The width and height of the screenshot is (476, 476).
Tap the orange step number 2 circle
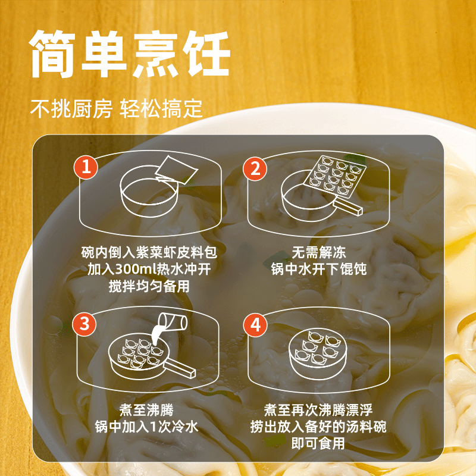pyautogui.click(x=256, y=168)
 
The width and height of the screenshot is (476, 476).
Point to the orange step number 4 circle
pyautogui.click(x=256, y=324)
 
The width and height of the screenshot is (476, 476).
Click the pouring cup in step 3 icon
pyautogui.click(x=173, y=324)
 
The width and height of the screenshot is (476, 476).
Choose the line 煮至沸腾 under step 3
pyautogui.click(x=146, y=409)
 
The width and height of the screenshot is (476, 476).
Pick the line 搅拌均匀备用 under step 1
pyautogui.click(x=146, y=286)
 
